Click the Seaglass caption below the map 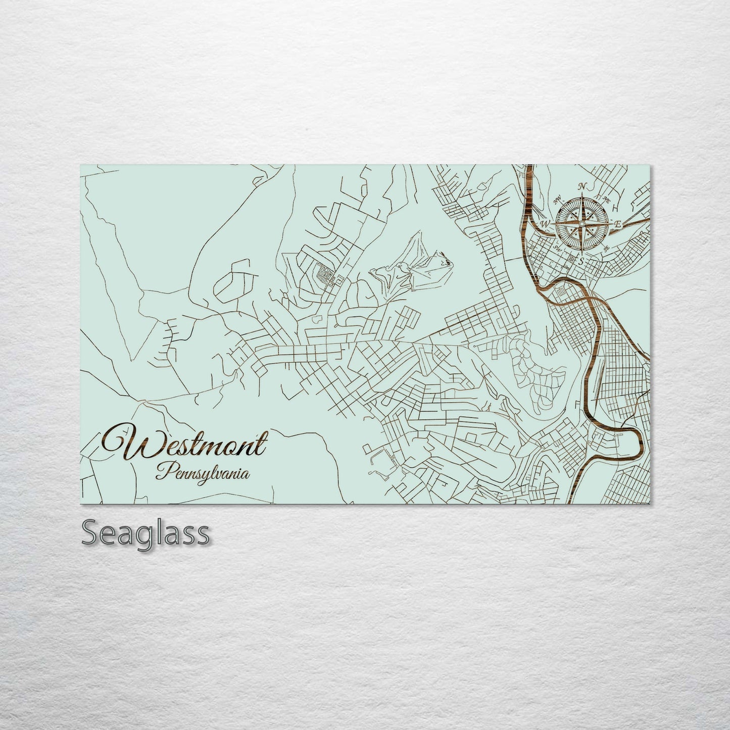(x=145, y=533)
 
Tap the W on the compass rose (x=545, y=223)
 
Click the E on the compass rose (x=619, y=223)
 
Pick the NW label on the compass (x=558, y=200)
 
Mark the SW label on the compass (x=558, y=248)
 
